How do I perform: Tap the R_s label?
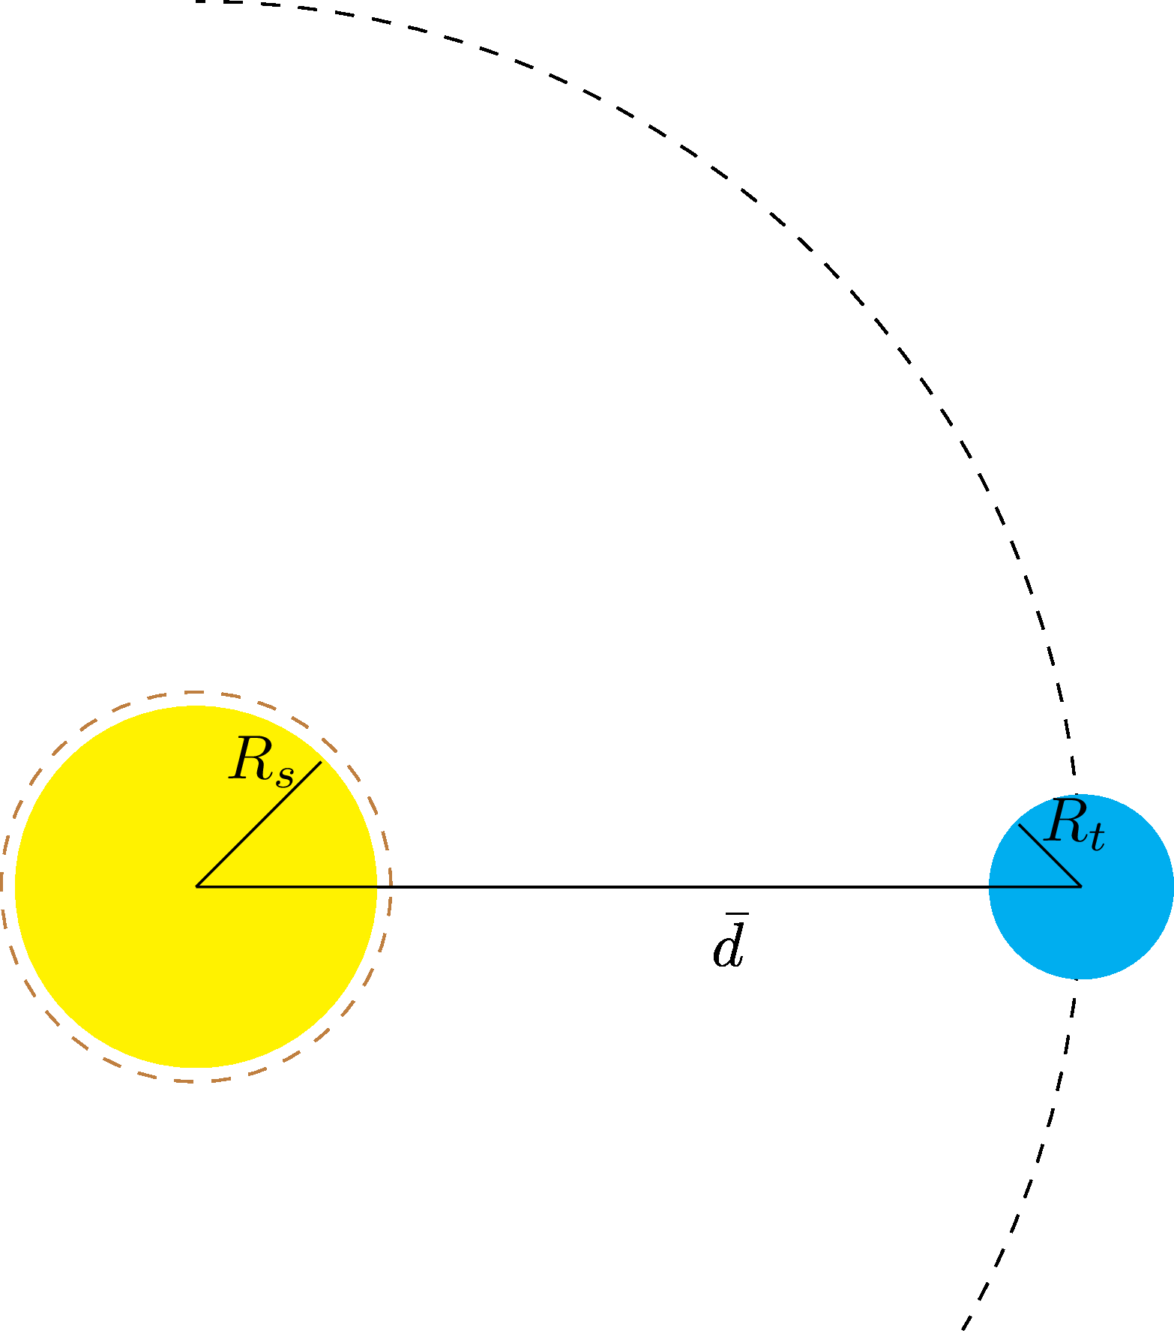click(262, 762)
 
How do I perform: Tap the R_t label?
click(1074, 825)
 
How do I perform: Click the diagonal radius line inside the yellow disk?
click(259, 824)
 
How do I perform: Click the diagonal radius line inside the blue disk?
click(1050, 856)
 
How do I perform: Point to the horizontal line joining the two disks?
click(638, 886)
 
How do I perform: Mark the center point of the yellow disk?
click(196, 886)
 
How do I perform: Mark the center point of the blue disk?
click(1081, 886)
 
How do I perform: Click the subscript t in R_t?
click(1098, 838)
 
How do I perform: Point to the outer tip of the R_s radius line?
click(322, 761)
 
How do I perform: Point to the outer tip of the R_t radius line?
click(1019, 824)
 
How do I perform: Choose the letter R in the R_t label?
click(1065, 822)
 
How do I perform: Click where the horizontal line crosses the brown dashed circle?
click(391, 886)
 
